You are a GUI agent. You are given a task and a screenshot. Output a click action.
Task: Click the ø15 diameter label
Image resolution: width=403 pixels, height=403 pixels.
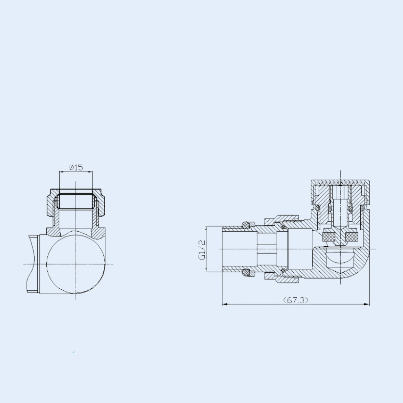[76, 167]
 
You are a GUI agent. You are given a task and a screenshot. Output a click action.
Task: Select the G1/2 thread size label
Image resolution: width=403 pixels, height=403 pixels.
[202, 250]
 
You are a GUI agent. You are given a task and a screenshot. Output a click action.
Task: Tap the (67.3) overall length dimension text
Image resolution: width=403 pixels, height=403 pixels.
[296, 300]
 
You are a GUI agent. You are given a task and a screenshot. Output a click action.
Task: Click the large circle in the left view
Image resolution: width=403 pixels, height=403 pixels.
[76, 265]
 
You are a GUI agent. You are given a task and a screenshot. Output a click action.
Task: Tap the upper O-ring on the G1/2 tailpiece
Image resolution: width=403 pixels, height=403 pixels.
[245, 225]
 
